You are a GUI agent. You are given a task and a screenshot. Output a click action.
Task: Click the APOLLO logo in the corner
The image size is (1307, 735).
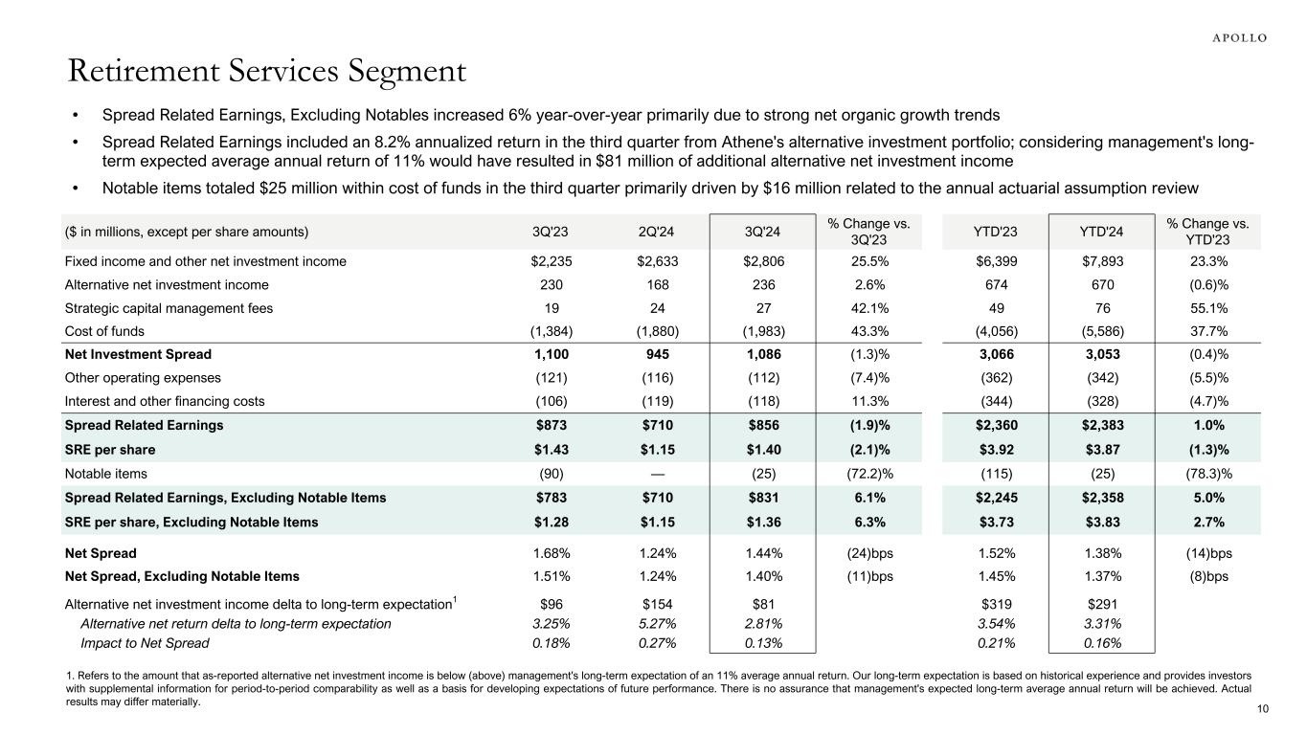click(1233, 37)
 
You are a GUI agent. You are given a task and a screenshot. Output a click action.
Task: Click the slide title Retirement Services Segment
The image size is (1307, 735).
click(266, 72)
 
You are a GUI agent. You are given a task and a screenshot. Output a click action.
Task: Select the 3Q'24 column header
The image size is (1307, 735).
click(762, 231)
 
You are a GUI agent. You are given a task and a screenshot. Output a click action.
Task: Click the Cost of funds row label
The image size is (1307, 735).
click(104, 331)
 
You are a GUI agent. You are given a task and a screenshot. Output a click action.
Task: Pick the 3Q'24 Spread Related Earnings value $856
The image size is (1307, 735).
click(762, 426)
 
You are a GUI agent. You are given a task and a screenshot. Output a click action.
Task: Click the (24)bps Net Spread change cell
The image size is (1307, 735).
click(869, 553)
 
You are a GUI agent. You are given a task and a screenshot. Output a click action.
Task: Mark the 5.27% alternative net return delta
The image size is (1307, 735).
click(656, 624)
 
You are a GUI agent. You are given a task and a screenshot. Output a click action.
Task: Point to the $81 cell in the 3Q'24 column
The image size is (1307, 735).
click(762, 604)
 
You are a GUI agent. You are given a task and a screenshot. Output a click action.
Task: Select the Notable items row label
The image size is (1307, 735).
click(105, 473)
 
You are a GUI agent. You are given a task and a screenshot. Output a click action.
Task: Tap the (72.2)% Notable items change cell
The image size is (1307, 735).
click(869, 473)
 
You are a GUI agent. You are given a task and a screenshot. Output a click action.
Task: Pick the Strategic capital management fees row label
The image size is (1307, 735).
click(169, 308)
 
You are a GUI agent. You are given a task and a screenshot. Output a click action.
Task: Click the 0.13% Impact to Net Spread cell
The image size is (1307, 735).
click(762, 643)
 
